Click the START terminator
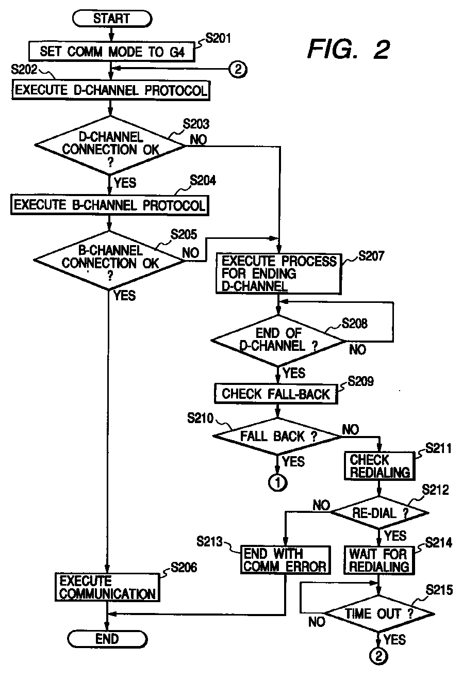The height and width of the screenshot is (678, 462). click(x=112, y=19)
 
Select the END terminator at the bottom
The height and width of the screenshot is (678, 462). click(x=107, y=639)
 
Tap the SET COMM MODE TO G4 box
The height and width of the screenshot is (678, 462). click(x=112, y=52)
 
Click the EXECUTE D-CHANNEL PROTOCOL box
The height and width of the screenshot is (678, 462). click(x=111, y=90)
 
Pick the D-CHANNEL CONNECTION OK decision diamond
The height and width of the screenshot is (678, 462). click(x=110, y=146)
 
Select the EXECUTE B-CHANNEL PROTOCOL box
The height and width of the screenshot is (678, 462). click(x=109, y=205)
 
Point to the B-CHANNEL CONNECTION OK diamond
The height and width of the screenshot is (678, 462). click(x=109, y=260)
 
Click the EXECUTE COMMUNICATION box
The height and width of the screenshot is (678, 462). click(x=107, y=587)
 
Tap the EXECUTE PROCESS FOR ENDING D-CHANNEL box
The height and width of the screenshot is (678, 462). click(x=278, y=273)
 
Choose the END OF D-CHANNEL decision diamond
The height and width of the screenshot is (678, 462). click(x=278, y=341)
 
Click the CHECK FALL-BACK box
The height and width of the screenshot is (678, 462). click(x=276, y=394)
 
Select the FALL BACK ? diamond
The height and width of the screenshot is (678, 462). click(x=277, y=436)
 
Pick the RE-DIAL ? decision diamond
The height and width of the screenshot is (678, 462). click(x=379, y=512)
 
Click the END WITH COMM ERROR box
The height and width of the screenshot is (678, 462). click(x=285, y=560)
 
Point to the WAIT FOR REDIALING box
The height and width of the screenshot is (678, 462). click(x=379, y=560)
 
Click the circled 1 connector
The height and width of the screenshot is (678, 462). click(x=277, y=483)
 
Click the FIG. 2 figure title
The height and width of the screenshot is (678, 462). click(x=349, y=50)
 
